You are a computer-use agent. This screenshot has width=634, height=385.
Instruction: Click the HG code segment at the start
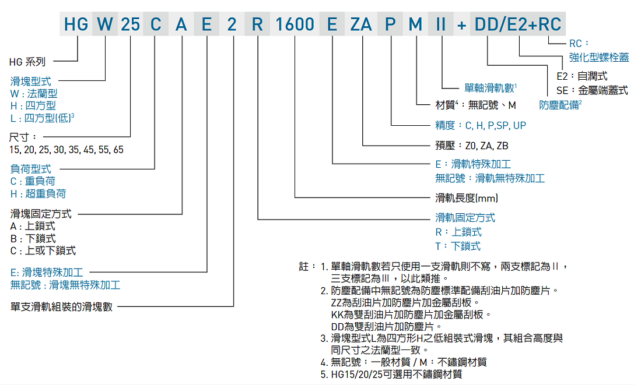(x=76, y=24)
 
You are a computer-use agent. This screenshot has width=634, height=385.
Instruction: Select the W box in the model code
(x=105, y=24)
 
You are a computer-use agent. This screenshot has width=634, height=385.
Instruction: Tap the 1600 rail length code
(x=295, y=24)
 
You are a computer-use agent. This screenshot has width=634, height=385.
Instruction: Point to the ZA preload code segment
(x=362, y=24)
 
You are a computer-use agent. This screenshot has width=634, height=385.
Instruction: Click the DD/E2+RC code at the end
(x=518, y=24)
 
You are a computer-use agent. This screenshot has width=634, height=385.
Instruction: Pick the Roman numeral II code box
(x=441, y=24)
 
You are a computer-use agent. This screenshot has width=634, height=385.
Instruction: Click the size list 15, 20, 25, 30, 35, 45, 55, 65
(x=66, y=150)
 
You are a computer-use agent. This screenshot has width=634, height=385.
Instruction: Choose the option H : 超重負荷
(x=38, y=193)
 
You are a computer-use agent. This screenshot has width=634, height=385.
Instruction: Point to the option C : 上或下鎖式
(x=43, y=250)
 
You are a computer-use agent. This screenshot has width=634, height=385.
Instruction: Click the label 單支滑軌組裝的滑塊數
(x=61, y=306)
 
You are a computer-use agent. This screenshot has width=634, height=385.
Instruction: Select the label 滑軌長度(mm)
(x=467, y=198)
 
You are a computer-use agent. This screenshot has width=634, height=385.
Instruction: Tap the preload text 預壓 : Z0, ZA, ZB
(x=472, y=146)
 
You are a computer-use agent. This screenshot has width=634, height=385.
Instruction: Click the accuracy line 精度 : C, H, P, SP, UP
(x=481, y=125)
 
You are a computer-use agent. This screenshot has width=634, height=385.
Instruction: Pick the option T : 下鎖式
(x=458, y=246)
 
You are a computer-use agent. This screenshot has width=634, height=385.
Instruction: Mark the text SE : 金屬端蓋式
(x=591, y=90)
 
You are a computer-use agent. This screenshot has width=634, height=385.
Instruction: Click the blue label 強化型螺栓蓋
(x=599, y=57)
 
